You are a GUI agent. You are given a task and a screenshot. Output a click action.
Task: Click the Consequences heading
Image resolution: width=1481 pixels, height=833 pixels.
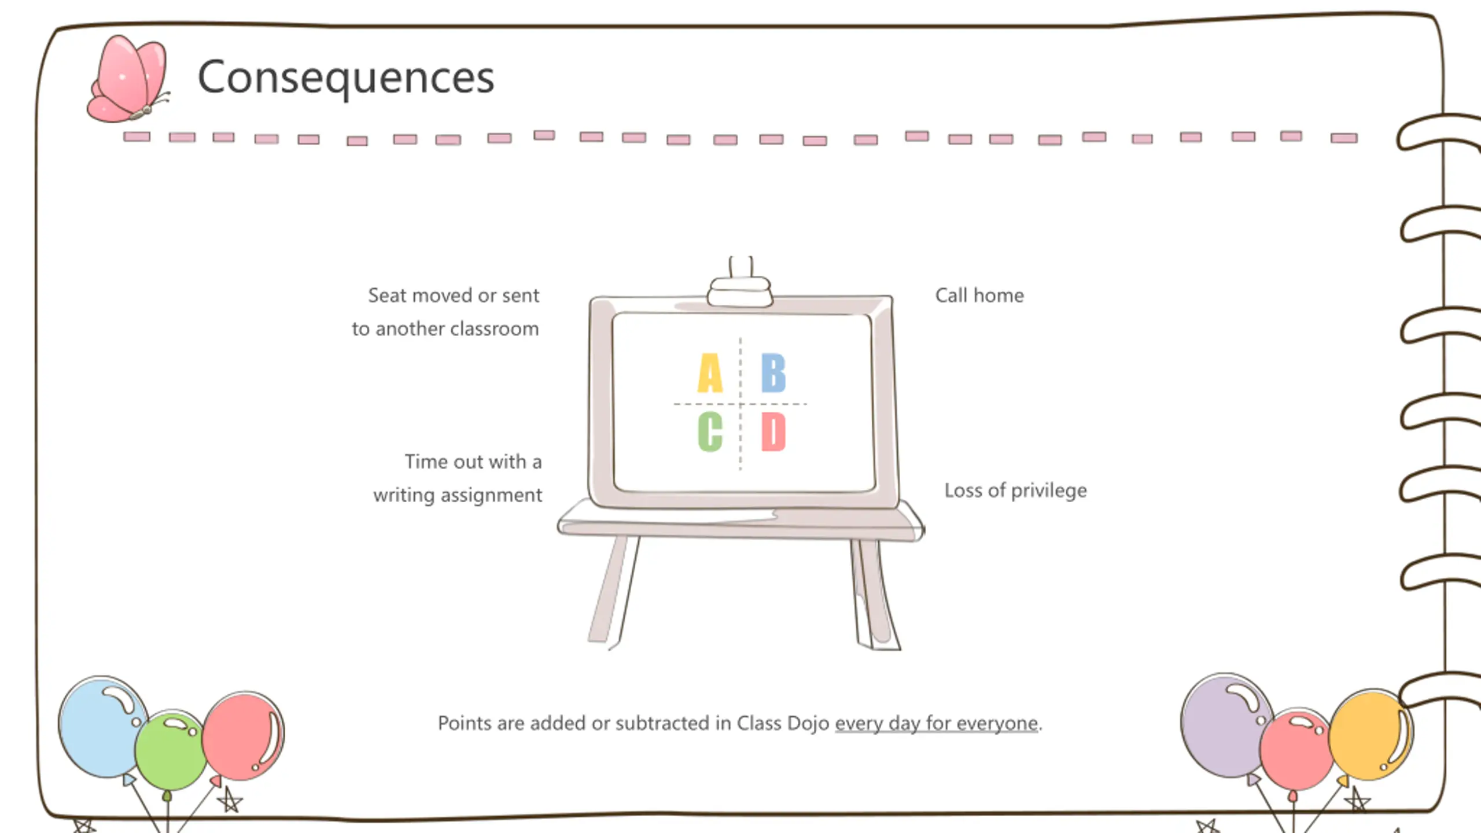[346, 78]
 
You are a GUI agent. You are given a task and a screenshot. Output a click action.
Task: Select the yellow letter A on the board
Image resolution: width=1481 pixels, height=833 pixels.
[710, 373]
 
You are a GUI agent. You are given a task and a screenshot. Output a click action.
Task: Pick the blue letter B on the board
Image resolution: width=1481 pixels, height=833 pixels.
[773, 373]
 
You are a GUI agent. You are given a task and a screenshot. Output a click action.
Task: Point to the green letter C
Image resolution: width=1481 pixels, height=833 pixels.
[710, 432]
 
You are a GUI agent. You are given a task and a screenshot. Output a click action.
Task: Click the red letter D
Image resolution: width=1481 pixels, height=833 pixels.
[773, 432]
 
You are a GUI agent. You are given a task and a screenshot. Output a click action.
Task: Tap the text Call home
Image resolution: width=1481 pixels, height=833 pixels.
[979, 296]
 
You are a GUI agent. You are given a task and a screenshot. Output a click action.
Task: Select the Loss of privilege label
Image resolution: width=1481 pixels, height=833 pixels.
[1015, 491]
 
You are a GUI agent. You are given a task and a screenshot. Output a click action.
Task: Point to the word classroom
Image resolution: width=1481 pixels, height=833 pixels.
[495, 329]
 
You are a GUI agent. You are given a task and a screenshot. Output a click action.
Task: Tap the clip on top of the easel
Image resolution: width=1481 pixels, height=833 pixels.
[740, 286]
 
